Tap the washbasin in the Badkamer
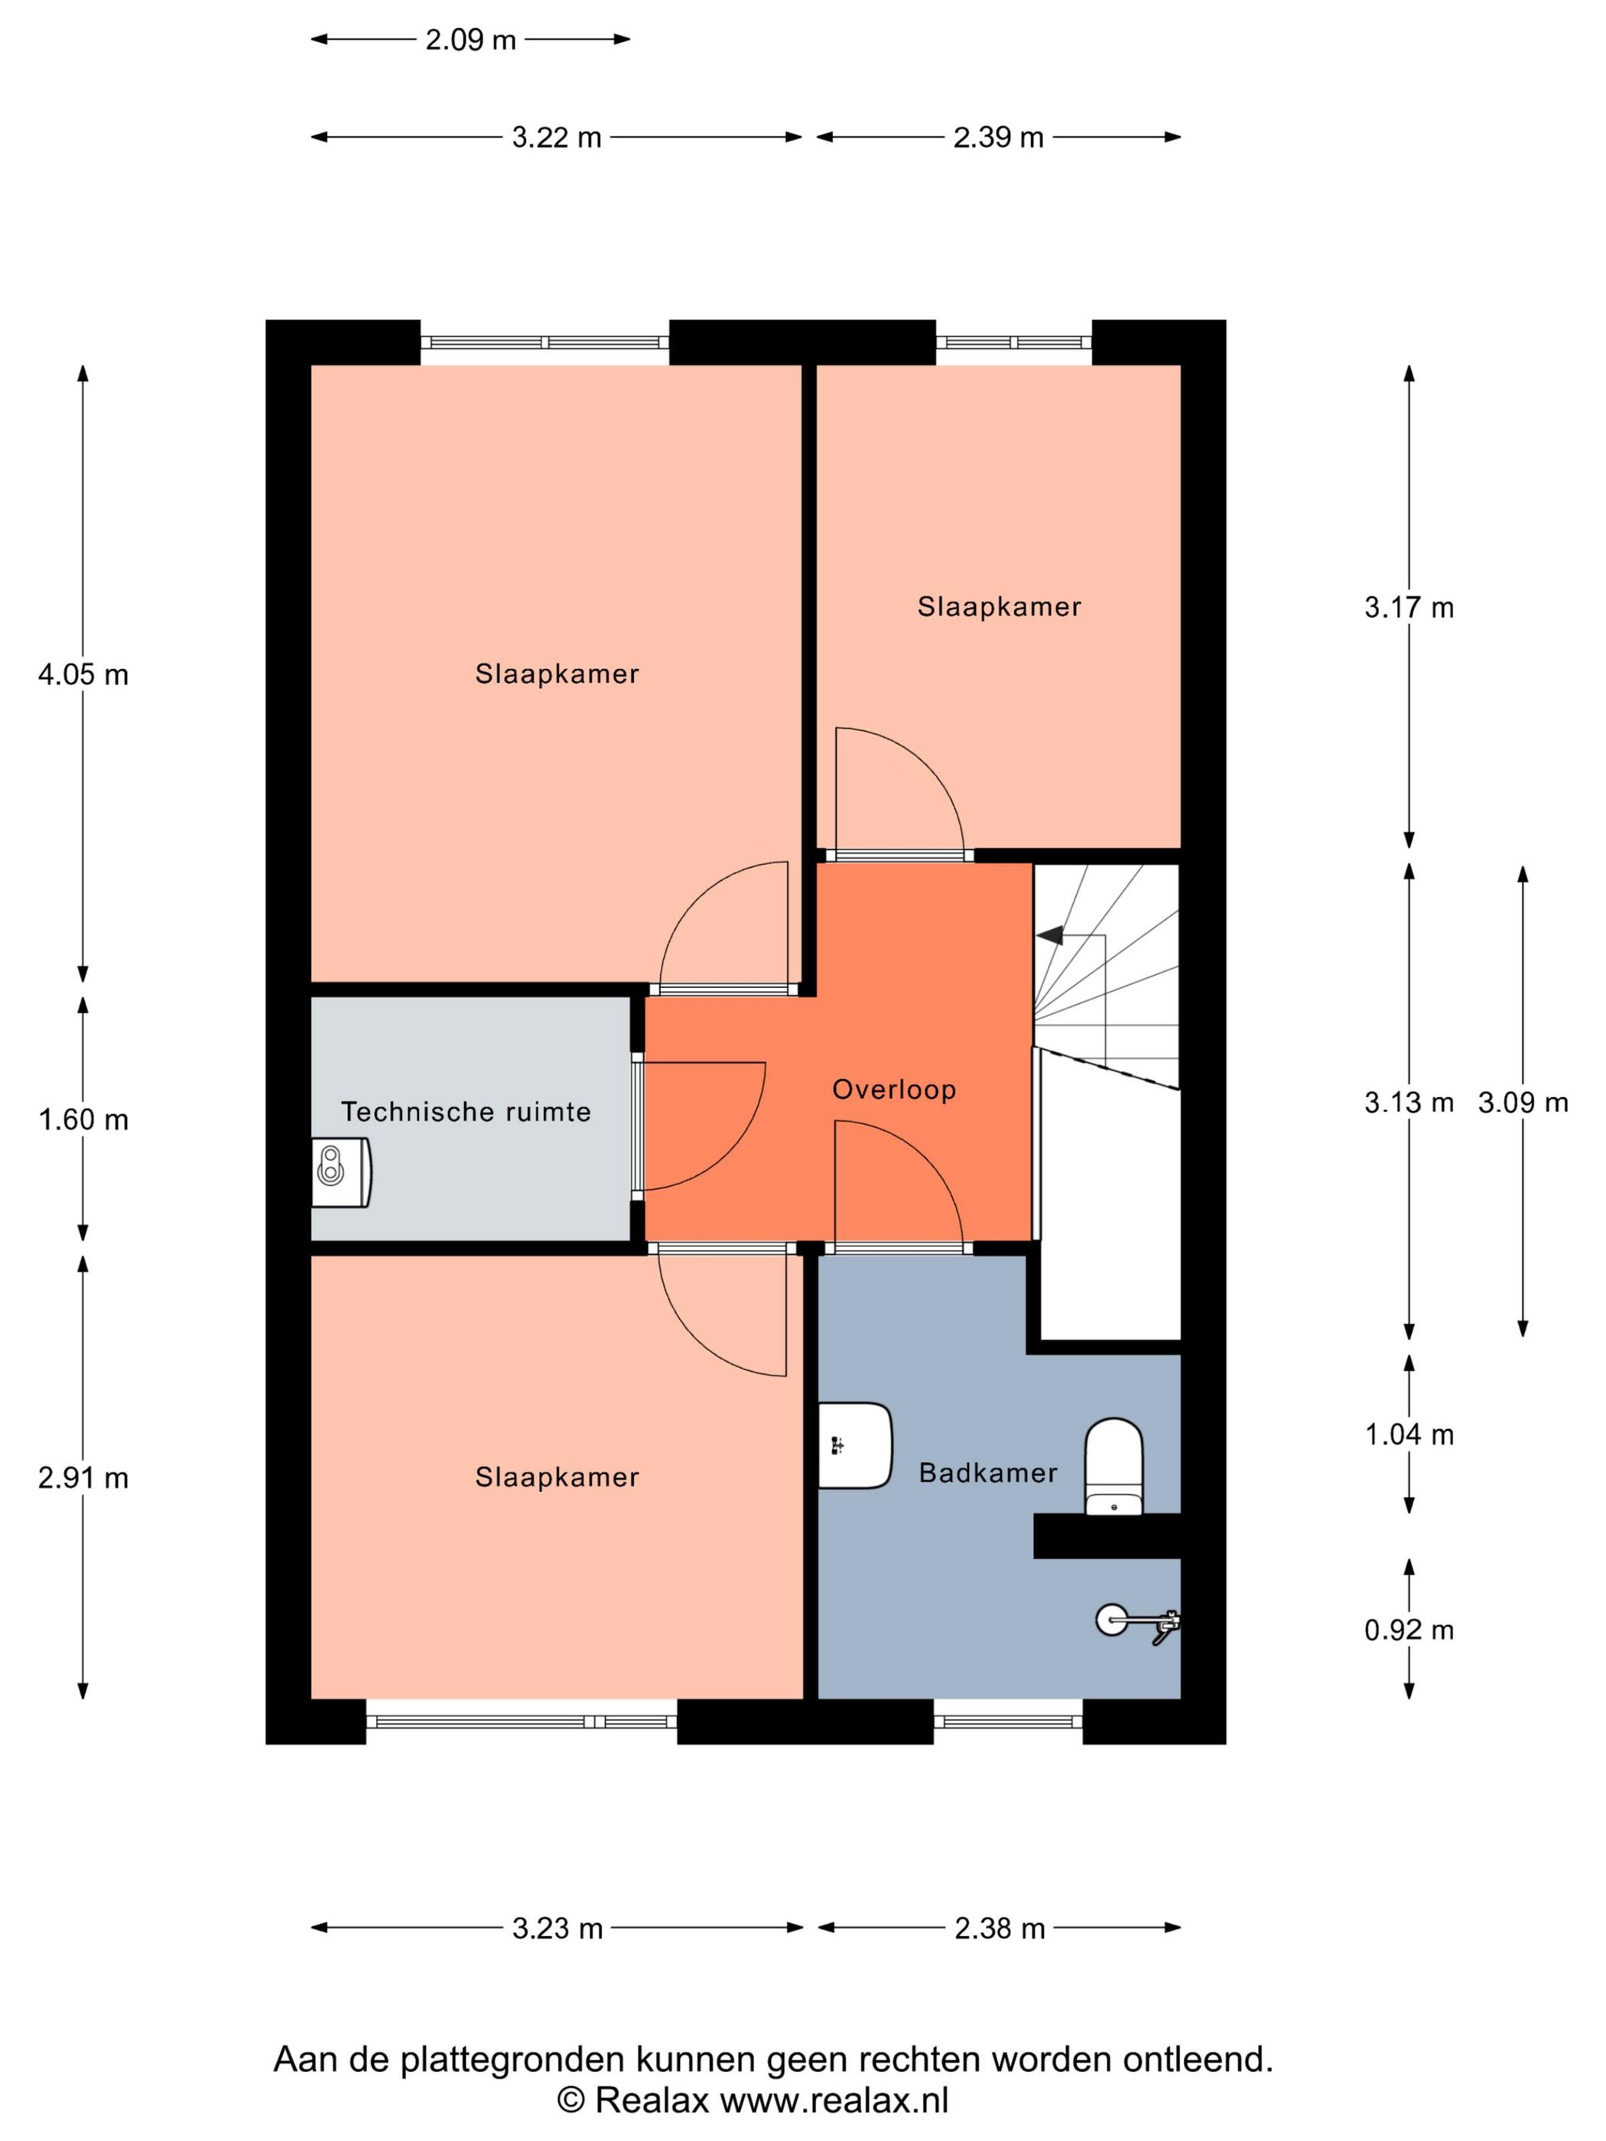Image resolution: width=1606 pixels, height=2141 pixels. coord(853,1445)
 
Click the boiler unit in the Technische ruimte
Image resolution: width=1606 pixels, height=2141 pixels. coord(341,1172)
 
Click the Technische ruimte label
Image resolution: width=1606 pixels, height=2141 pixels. coord(466,1111)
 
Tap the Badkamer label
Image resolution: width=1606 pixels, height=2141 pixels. coord(987,1473)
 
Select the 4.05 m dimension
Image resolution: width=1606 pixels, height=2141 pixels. coord(83,674)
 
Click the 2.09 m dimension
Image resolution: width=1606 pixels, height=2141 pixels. coord(470,40)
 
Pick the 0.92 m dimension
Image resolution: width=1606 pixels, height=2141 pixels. coord(1409,1630)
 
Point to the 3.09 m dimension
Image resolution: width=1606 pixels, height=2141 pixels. coord(1522,1103)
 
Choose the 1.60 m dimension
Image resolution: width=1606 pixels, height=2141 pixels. coord(83,1120)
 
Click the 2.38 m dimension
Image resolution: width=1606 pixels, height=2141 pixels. coord(999,1928)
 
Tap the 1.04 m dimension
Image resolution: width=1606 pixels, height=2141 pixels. coord(1409,1434)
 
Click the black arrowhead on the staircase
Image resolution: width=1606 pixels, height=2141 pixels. coord(1050,936)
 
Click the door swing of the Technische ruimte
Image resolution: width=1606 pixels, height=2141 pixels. coord(702,1122)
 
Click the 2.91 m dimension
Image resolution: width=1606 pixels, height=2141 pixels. coord(83,1478)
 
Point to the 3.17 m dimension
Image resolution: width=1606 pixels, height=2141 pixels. coord(1409,608)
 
